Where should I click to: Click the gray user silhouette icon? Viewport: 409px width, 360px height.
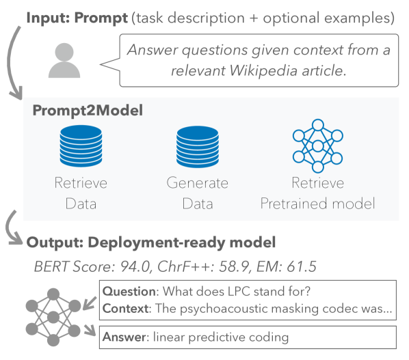point(64,60)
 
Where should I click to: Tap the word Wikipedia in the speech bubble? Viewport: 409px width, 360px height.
point(263,70)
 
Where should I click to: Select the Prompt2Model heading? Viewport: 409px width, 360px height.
point(88,110)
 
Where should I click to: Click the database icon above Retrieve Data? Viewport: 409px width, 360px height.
point(81,146)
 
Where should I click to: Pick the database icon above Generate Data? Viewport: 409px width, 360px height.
point(198,146)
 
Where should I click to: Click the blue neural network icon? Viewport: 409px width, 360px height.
point(318,146)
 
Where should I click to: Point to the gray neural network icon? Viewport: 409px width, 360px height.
point(53,317)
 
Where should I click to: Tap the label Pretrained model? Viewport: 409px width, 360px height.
point(318,204)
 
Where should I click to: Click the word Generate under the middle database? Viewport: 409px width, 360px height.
point(198,182)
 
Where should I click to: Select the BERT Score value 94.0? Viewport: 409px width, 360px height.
point(135,266)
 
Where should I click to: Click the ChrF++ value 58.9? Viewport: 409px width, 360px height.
point(234,266)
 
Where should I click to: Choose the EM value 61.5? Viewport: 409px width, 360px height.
point(302,266)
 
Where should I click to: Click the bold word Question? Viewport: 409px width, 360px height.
point(129,291)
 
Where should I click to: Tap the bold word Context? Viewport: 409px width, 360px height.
point(125,309)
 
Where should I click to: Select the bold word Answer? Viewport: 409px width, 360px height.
point(124,337)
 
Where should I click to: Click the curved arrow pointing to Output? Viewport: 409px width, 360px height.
point(12,230)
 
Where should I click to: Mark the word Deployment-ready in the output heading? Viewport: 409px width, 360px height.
point(157,243)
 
